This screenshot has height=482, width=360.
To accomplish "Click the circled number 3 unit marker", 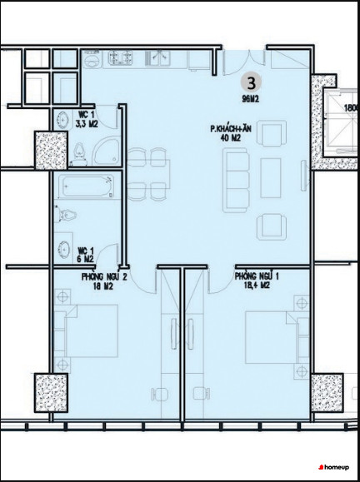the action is coord(251,83).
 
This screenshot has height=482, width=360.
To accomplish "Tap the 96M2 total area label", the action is coord(251,99).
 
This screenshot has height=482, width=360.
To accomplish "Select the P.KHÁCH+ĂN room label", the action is coord(231,128).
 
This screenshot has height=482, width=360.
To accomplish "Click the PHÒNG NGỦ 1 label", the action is coord(257,276).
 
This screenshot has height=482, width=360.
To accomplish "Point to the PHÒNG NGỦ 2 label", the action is coord(104,276).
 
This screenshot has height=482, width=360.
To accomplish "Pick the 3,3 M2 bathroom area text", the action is coord(87,124).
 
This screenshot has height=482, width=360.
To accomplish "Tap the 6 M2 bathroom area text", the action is coord(85,259).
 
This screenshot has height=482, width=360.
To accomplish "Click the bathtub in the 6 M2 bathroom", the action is coord(87,186).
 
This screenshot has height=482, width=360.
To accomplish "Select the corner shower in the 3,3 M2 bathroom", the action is coord(107,152).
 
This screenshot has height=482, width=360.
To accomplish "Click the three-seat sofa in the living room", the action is coord(237,181).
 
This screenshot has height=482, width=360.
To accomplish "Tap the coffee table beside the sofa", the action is coord(271,178).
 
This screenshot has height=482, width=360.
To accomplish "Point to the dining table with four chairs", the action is coord(149,174).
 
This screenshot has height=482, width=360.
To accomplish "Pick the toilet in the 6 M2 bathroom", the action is coord(65,215).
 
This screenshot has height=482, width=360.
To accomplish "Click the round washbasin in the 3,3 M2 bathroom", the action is coord(63,119).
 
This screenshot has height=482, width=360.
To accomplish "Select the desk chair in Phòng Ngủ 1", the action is coord(202,394).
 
